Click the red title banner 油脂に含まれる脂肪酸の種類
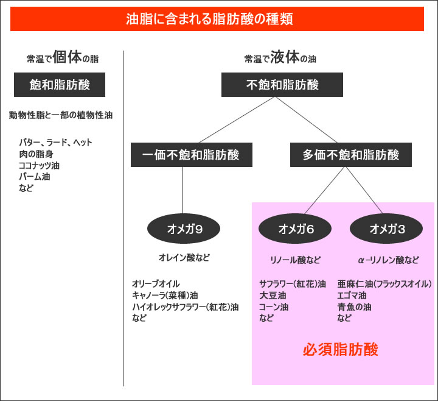(x=217, y=19)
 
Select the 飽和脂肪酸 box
(x=60, y=85)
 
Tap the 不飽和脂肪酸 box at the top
(x=282, y=85)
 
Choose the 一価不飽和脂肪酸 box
(x=184, y=155)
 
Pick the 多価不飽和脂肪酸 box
(x=351, y=155)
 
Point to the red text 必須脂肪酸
(x=341, y=350)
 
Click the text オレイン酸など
(x=184, y=258)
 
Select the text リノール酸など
(x=295, y=260)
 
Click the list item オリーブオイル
(x=156, y=284)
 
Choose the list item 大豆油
(x=269, y=295)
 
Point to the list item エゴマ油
(x=352, y=295)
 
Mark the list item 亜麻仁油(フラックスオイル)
(x=384, y=284)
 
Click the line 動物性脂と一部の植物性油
(x=61, y=115)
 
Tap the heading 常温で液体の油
(x=280, y=59)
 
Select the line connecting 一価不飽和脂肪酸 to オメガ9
(x=184, y=189)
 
